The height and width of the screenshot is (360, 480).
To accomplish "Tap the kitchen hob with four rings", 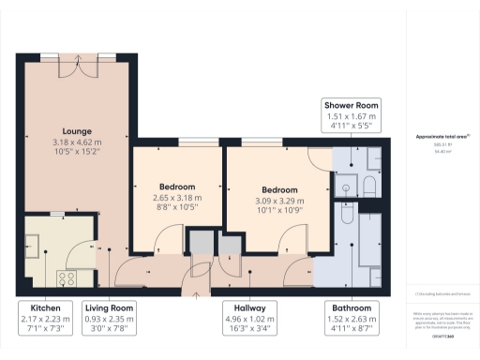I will tap(67, 277).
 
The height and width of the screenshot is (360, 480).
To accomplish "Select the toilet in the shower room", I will tap(368, 185).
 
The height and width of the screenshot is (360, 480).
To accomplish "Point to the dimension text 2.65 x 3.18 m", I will tap(177, 199).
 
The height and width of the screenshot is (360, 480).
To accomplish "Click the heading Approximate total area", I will tap(440, 137).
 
